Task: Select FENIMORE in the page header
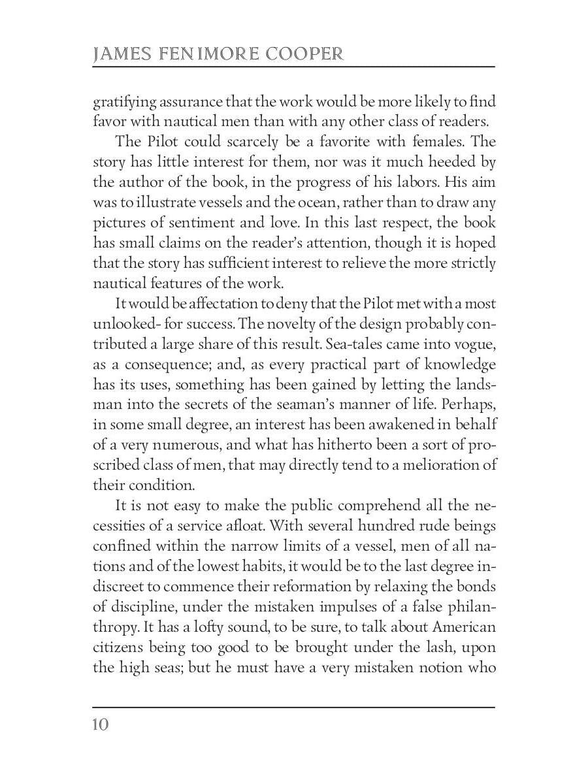click(x=208, y=54)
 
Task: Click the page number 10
click(x=101, y=725)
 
